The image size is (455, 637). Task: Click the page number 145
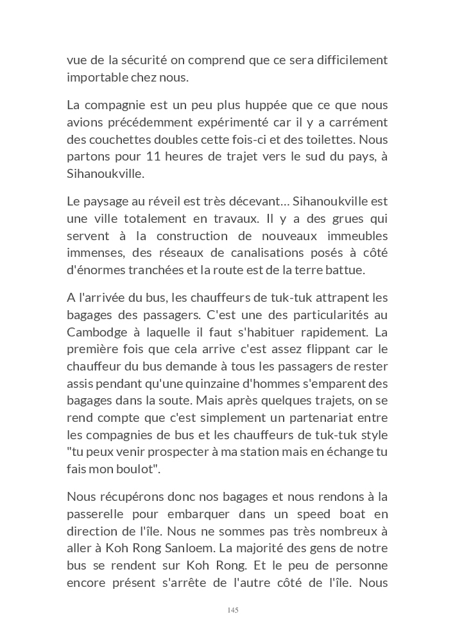[233, 609]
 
